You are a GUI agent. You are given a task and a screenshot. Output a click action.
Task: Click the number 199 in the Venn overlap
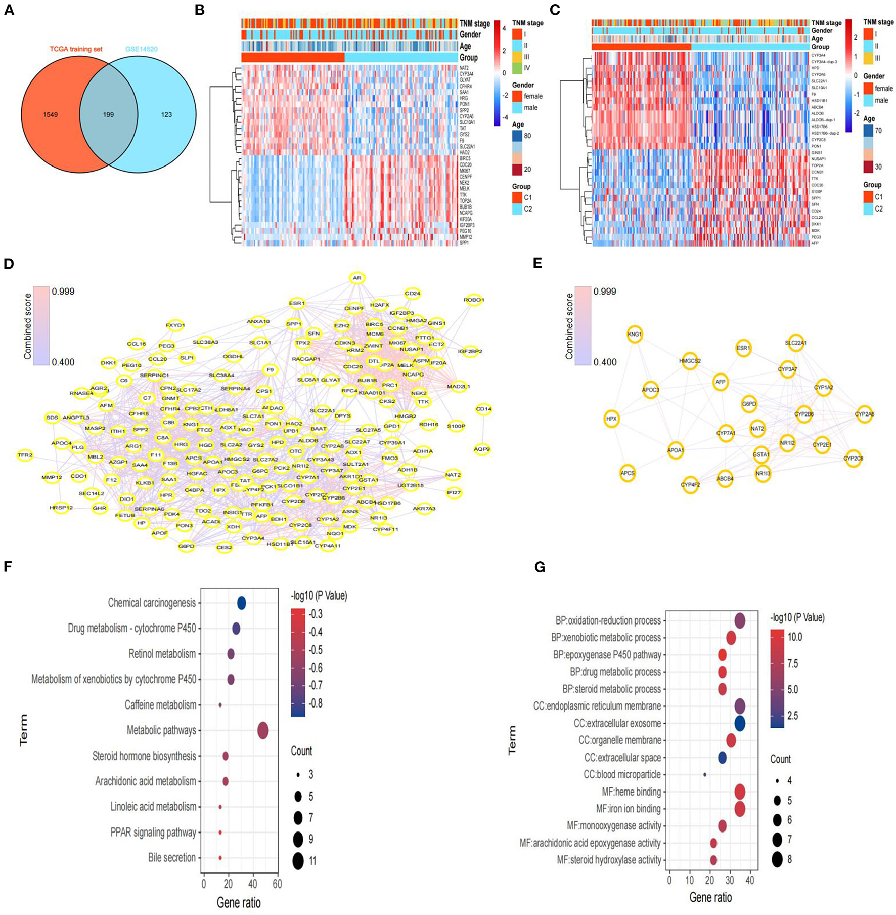pos(108,115)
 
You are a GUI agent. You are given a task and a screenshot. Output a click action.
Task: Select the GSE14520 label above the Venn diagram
pos(141,49)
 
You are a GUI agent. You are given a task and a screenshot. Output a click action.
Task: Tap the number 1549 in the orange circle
pos(51,115)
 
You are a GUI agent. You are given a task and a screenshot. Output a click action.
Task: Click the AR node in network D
pos(357,278)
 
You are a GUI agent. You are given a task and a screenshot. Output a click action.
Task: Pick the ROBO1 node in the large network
pos(473,300)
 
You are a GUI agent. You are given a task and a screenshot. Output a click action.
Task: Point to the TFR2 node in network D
pos(25,455)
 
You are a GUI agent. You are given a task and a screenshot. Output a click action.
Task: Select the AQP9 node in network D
pos(482,449)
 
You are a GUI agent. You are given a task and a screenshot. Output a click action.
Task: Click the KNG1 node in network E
pos(635,335)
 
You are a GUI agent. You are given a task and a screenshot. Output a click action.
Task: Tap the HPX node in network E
pos(612,419)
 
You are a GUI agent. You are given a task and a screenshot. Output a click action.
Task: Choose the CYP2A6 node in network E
pos(864,414)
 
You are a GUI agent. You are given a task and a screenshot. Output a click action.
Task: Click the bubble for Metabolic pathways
pos(263,731)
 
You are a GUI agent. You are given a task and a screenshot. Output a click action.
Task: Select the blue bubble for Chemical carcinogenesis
pos(242,603)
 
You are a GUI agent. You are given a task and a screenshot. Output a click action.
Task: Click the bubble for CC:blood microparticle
pos(705,774)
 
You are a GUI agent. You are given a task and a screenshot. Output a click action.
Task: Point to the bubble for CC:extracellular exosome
pos(740,723)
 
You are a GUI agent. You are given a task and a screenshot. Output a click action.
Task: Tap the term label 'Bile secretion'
pos(172,857)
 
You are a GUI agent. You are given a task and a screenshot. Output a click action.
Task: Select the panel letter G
pos(540,567)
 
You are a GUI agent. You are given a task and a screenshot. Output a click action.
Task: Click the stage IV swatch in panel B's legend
pos(517,68)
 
